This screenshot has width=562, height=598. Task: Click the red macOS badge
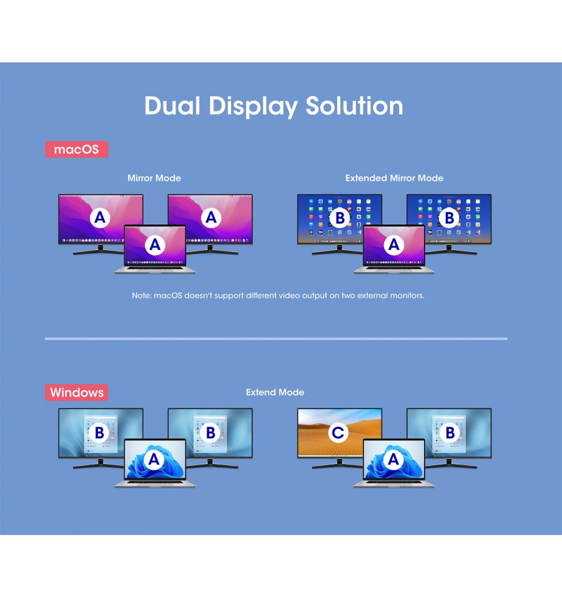(x=77, y=149)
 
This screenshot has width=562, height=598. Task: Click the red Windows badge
(x=77, y=392)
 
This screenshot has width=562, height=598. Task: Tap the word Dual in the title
(x=172, y=105)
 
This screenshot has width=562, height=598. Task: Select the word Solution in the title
(x=354, y=105)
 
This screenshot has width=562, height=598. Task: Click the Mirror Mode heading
(x=154, y=178)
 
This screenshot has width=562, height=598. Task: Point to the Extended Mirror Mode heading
(x=395, y=178)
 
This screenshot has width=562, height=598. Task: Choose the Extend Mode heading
(x=275, y=392)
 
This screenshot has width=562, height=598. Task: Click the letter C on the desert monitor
(x=338, y=433)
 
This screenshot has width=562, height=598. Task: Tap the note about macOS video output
(x=278, y=296)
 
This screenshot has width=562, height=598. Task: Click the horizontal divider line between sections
(x=276, y=339)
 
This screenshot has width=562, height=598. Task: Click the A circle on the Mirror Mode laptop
(x=155, y=244)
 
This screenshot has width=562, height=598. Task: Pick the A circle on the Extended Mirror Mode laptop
(x=393, y=244)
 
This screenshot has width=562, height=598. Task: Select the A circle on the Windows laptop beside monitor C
(x=393, y=460)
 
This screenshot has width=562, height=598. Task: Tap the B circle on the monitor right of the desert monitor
(x=450, y=433)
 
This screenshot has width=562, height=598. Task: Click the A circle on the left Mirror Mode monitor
(x=100, y=218)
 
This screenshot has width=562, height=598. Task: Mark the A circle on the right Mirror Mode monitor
(x=211, y=218)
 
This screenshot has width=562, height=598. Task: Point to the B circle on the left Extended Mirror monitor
(x=340, y=218)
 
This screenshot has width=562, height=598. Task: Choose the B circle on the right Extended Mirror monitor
(x=450, y=218)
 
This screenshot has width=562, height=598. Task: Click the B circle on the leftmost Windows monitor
(x=99, y=433)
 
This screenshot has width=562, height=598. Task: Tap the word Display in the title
(x=253, y=107)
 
